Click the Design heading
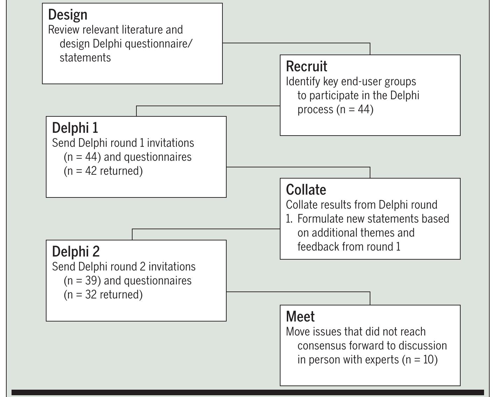68,15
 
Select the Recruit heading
306,66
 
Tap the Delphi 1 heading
75,128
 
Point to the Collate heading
306,190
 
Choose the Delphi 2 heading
76,252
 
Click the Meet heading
300,317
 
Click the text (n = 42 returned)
103,171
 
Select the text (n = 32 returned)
103,295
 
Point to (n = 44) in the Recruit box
355,109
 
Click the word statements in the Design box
85,58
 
